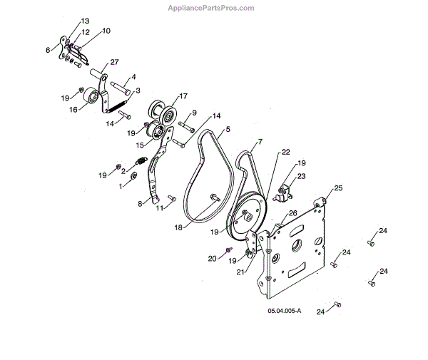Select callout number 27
point(114,63)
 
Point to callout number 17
point(183,96)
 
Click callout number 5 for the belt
point(228,129)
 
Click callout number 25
point(337,188)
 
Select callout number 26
point(292,213)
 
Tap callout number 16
point(73,110)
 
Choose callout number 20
point(211,258)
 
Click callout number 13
point(85,22)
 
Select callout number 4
point(133,77)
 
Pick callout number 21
point(240,272)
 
